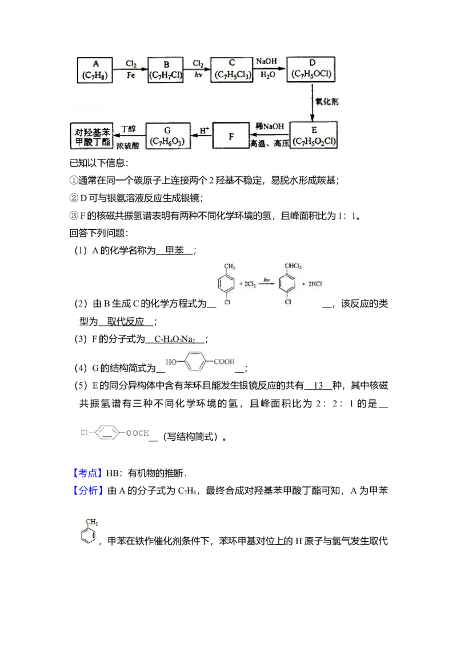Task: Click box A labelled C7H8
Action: tap(95, 70)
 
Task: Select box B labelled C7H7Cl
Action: tap(166, 70)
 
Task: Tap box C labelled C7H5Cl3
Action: tap(231, 70)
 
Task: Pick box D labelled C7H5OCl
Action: tap(312, 70)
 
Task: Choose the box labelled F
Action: tap(231, 136)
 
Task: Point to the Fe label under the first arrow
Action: tap(130, 75)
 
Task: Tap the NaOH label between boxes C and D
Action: tap(267, 61)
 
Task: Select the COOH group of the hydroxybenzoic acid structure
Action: tap(226, 361)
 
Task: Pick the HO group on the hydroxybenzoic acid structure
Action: tap(171, 362)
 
